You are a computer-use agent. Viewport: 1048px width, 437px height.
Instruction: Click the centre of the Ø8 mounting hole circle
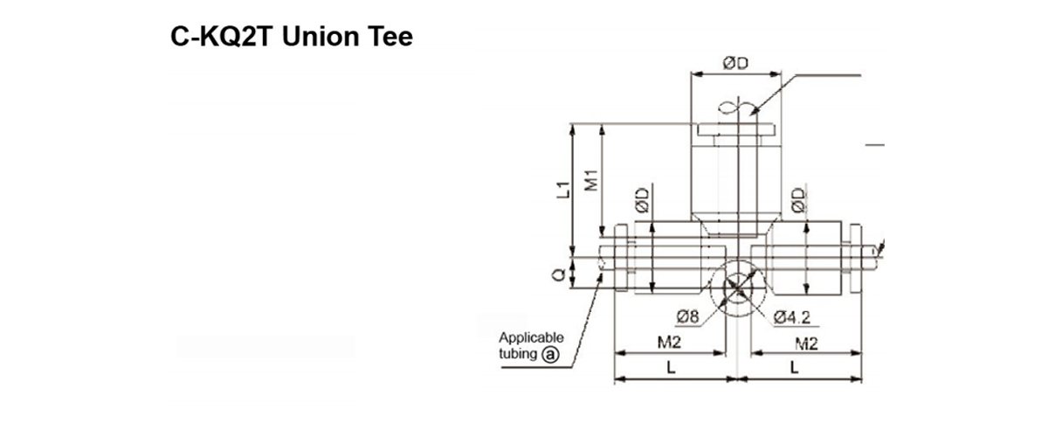point(738,288)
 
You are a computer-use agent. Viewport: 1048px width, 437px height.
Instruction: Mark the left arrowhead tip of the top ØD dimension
point(692,73)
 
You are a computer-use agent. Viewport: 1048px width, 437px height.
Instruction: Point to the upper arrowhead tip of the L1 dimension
point(572,125)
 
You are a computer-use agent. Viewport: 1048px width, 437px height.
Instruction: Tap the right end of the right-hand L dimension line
point(861,378)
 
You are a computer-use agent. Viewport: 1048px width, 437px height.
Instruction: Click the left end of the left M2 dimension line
point(615,353)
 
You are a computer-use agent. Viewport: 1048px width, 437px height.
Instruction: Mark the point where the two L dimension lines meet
point(738,378)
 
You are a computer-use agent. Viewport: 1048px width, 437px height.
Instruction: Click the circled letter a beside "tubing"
point(550,354)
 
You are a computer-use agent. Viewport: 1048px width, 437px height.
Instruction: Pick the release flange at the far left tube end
point(621,258)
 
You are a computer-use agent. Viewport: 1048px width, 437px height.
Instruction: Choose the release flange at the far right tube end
point(855,259)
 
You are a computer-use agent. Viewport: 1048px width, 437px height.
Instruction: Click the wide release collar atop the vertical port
point(736,129)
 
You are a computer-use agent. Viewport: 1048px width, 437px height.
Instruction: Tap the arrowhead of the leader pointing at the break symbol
point(752,114)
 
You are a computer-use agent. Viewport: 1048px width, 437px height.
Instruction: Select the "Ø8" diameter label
point(688,317)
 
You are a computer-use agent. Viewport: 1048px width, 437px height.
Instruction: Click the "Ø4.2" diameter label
point(791,317)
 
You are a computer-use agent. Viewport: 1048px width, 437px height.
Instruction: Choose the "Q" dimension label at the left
point(559,275)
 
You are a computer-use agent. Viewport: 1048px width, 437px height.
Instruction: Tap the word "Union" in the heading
point(321,37)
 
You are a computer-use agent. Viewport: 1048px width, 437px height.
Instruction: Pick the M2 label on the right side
point(806,344)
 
